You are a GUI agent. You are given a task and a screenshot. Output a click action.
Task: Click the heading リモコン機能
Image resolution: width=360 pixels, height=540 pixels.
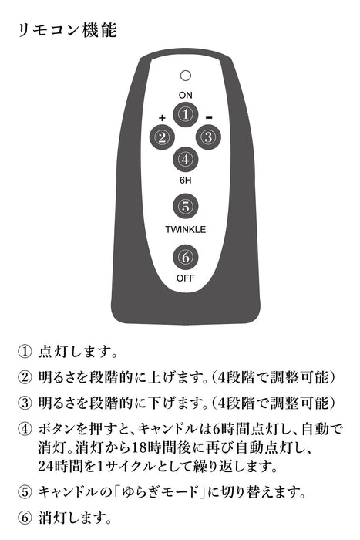coord(68,30)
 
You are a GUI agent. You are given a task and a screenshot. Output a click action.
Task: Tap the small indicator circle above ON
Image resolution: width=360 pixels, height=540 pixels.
coord(186,76)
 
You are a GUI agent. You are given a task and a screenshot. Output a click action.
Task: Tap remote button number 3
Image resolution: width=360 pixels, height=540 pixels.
coord(209,137)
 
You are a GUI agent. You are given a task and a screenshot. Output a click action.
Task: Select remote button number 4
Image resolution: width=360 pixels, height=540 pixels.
coord(186,160)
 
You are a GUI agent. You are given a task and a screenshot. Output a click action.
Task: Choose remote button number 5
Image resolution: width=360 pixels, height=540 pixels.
coord(186,207)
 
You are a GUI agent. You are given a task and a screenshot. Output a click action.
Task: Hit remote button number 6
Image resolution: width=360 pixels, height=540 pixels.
coord(186,257)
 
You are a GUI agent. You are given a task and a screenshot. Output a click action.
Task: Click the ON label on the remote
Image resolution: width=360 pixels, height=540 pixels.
coord(186,95)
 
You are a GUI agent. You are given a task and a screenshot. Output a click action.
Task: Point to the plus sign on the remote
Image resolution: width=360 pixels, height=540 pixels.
coord(162,118)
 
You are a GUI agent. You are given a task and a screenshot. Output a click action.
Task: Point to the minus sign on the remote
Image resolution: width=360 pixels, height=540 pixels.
coord(209,118)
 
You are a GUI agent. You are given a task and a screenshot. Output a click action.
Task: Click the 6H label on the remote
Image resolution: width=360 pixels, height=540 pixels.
coord(186,180)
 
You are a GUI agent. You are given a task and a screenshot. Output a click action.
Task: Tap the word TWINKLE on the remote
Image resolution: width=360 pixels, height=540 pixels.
coord(186,229)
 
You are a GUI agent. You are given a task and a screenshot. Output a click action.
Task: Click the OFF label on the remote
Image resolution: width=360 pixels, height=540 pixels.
coord(186,278)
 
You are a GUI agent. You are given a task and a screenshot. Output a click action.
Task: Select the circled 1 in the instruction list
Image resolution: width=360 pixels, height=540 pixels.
coord(25,352)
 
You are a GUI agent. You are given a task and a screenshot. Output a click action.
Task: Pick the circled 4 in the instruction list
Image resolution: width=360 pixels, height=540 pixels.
coord(25,429)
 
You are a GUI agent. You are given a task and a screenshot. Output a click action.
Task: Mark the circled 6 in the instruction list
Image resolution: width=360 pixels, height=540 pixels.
coord(25,518)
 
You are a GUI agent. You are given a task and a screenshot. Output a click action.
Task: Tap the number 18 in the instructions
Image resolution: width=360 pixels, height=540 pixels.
coord(140,447)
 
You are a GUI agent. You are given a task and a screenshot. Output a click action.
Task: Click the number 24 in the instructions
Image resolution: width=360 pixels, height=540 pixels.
coord(45,466)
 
